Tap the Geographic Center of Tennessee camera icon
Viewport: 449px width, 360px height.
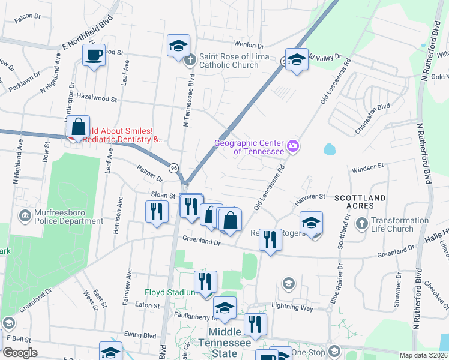click(293, 146)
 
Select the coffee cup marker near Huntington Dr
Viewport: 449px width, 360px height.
click(94, 56)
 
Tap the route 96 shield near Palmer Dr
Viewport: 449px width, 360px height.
click(173, 168)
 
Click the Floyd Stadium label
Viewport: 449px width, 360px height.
click(171, 292)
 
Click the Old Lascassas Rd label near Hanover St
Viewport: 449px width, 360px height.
click(270, 191)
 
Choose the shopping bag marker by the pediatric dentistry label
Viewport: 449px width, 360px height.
click(78, 127)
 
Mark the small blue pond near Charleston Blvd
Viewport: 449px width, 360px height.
click(330, 148)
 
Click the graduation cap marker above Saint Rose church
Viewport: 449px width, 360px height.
click(178, 46)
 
